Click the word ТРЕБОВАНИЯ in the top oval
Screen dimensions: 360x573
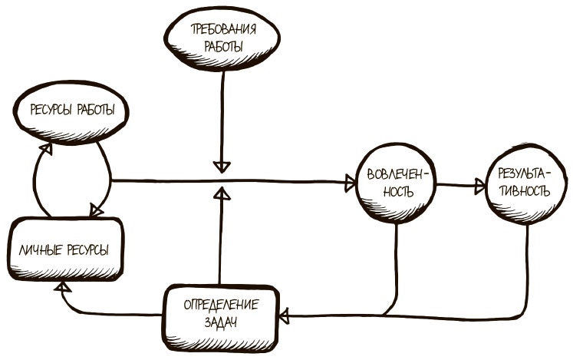pos(222,31)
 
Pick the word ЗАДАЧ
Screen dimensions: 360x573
pos(221,322)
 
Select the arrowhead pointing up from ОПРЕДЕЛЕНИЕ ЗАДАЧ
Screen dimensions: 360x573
pos(221,190)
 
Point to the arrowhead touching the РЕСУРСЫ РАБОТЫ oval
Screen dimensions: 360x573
pos(48,142)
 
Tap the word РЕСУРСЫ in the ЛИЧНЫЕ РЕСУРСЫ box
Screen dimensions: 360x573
pos(87,249)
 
